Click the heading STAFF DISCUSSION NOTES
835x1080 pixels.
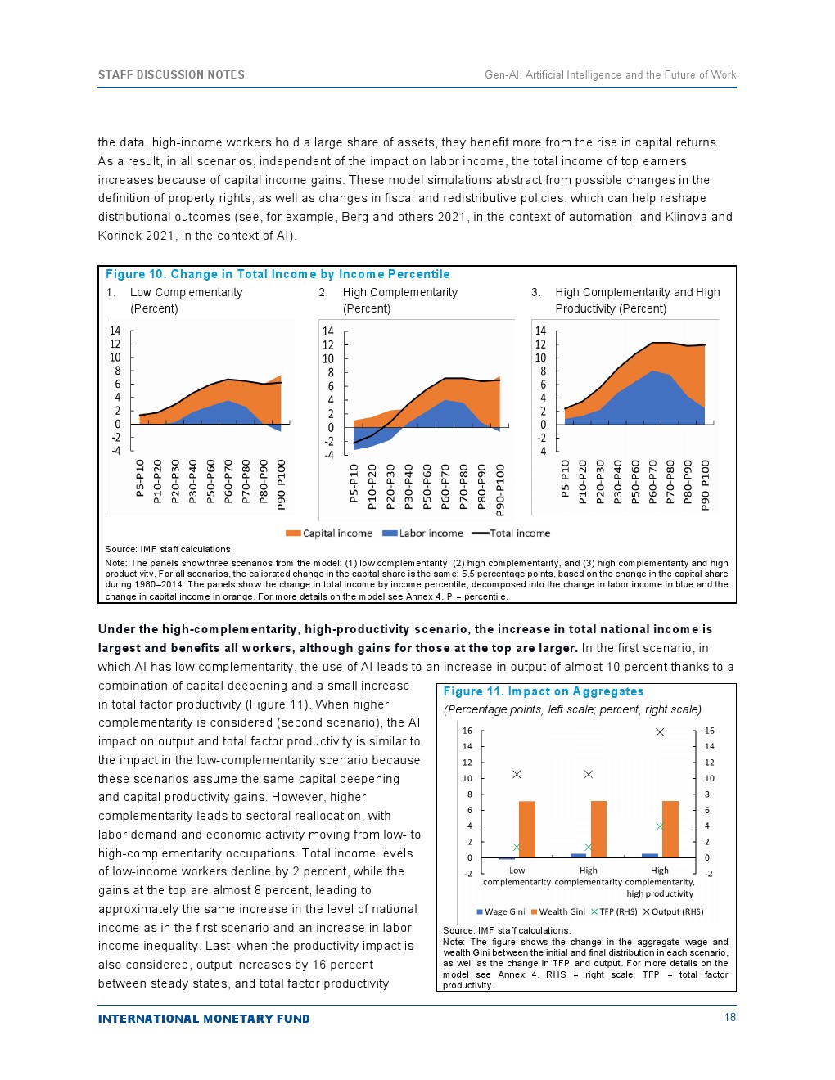point(171,74)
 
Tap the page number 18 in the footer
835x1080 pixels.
point(729,1017)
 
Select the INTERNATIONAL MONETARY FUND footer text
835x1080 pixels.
point(204,1019)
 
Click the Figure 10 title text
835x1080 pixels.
point(278,274)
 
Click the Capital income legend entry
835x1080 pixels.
point(329,533)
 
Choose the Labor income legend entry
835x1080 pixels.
point(423,533)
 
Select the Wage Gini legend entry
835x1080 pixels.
point(501,911)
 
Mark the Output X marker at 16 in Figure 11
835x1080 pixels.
point(660,732)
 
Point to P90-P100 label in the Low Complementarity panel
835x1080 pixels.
point(281,484)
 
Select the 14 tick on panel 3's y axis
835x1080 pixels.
point(540,331)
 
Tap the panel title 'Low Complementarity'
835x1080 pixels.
point(186,292)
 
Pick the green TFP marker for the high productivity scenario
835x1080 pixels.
point(660,826)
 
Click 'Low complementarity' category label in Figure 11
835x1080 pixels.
point(517,876)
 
